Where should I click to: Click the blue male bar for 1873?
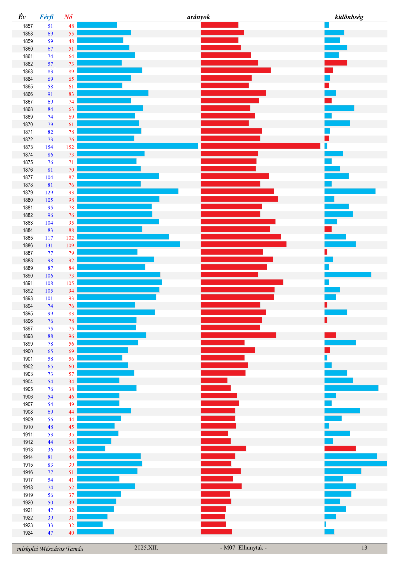(x=137, y=146)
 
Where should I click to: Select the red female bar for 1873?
(x=260, y=146)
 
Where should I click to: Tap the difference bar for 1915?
(x=355, y=464)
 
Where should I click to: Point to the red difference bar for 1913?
(x=340, y=449)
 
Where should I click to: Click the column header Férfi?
(x=46, y=17)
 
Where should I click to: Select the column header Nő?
(x=68, y=17)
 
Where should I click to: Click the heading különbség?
(x=349, y=17)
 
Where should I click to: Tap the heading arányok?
(x=198, y=17)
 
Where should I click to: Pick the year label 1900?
(x=28, y=351)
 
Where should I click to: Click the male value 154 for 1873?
(x=49, y=147)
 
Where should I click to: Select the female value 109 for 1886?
(x=70, y=246)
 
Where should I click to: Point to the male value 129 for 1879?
(x=49, y=193)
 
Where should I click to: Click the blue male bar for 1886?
(x=128, y=244)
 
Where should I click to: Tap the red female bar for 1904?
(x=214, y=380)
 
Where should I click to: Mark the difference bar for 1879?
(x=350, y=191)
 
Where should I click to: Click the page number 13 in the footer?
(x=364, y=548)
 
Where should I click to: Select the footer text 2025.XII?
(x=146, y=548)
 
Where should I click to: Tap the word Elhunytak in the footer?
(x=251, y=548)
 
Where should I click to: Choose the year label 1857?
(x=28, y=26)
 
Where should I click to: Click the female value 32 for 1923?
(x=71, y=525)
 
